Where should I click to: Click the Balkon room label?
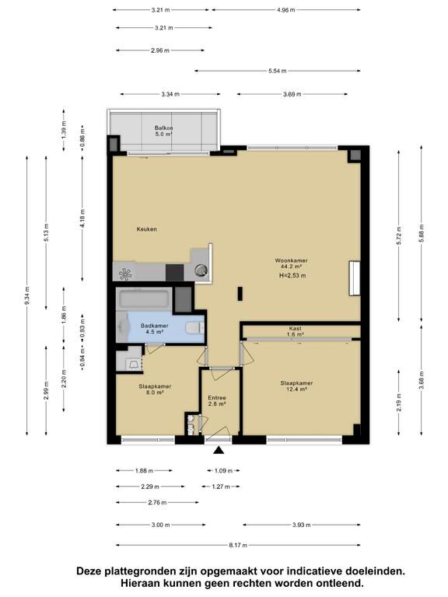click(164, 128)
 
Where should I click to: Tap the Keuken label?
click(147, 229)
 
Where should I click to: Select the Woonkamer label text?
click(292, 260)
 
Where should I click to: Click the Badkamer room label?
click(154, 326)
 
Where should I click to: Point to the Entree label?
click(217, 398)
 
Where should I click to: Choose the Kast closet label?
click(296, 328)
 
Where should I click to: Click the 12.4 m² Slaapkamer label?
click(297, 386)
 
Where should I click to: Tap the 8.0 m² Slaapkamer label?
click(155, 389)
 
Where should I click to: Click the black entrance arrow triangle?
click(218, 450)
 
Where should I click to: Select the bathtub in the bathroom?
click(145, 299)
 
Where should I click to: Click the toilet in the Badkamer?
click(194, 327)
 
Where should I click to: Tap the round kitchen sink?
click(201, 271)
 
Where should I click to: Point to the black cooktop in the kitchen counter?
click(175, 273)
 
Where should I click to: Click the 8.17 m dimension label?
click(238, 545)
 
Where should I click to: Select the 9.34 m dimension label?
click(26, 295)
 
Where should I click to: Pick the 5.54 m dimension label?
click(278, 71)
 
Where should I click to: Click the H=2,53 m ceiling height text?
click(292, 276)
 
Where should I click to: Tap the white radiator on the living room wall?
click(355, 278)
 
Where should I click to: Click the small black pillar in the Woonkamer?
click(240, 294)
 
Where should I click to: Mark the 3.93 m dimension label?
click(301, 525)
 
